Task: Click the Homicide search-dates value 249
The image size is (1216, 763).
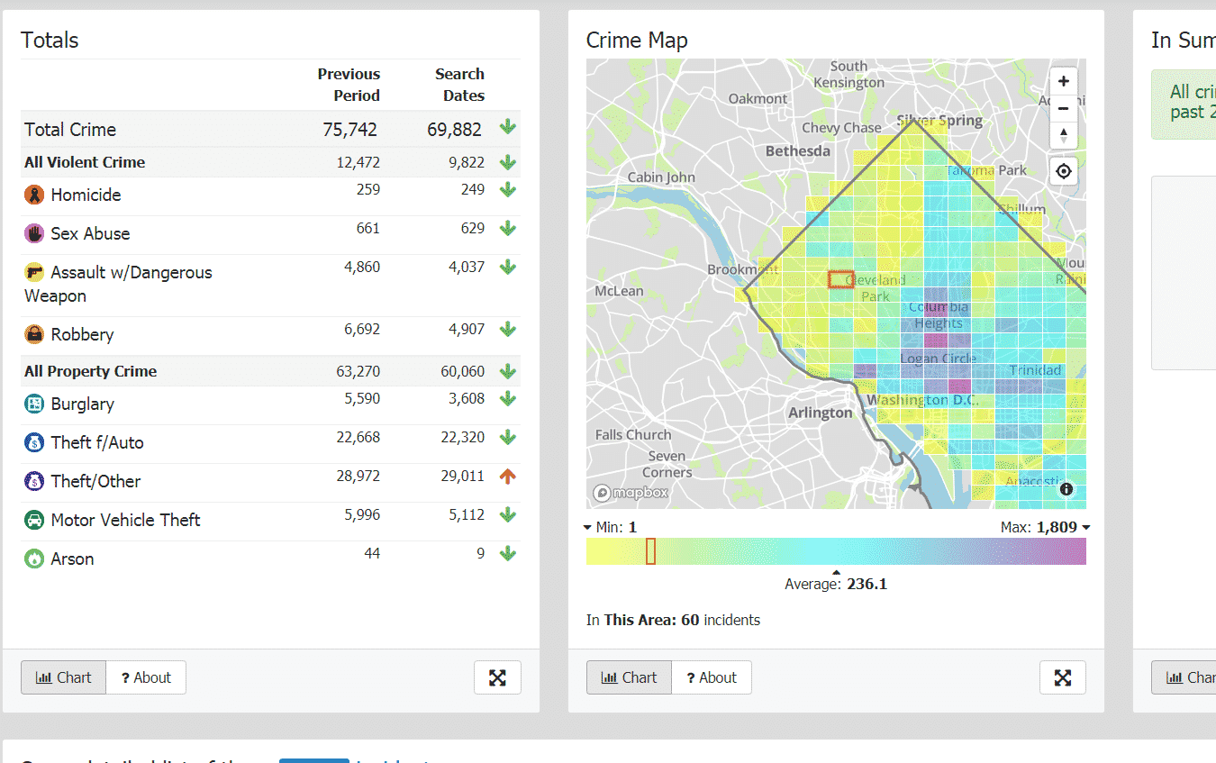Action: point(473,190)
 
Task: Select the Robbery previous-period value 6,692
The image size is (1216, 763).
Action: point(362,330)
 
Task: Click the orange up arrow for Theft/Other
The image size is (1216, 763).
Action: point(508,477)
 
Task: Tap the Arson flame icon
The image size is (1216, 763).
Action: point(34,559)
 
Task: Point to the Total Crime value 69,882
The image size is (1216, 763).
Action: point(454,130)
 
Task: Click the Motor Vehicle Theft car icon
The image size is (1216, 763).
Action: point(34,520)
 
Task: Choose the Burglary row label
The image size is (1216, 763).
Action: point(82,404)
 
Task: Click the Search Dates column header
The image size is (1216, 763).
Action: point(459,85)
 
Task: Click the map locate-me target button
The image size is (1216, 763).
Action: point(1064,171)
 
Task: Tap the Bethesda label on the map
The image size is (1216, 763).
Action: point(797,151)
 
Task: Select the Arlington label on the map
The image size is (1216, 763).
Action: point(820,413)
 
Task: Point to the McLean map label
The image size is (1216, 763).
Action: point(620,291)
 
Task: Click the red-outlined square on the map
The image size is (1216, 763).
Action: point(840,279)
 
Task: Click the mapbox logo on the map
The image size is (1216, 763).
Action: point(631,493)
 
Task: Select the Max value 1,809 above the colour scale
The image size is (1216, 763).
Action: point(1057,527)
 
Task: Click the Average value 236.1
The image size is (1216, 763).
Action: point(867,584)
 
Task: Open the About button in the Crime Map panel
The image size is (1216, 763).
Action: point(711,677)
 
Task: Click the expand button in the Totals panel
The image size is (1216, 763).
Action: point(497,677)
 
